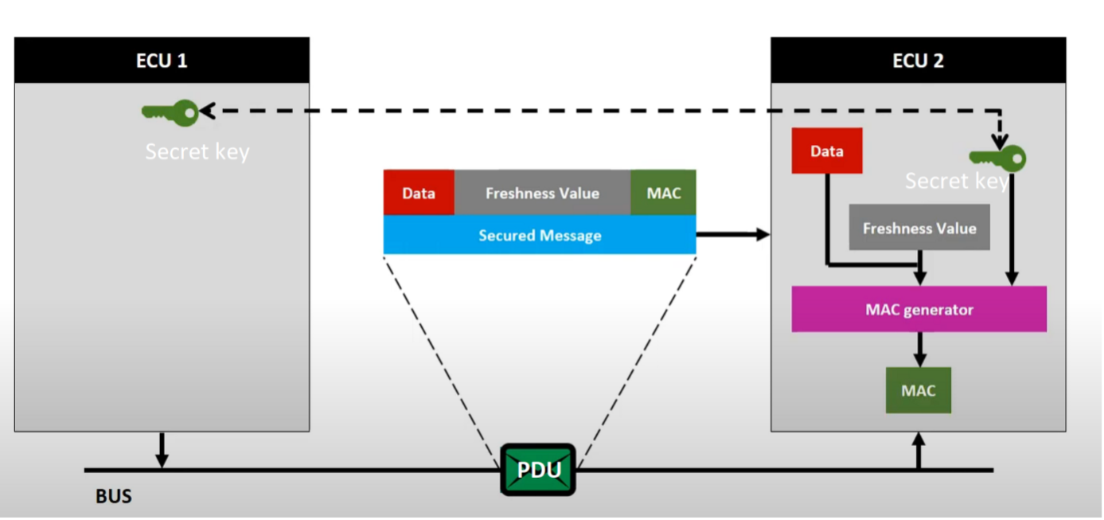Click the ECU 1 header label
coord(162,61)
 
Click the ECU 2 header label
coord(918,61)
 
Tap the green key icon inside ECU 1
coord(170,113)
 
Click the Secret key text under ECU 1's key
coord(197,151)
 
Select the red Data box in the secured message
coord(419,193)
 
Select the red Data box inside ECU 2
coord(826,151)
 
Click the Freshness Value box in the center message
coord(542,193)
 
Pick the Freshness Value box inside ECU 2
coord(919,228)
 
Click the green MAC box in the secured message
coord(663,193)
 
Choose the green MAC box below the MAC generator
coord(918,390)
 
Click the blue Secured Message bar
coord(540,236)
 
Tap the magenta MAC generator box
coord(919,310)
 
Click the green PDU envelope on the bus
coord(538,470)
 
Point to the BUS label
coord(114,497)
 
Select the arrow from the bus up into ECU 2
coord(919,451)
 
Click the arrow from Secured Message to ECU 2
coord(732,234)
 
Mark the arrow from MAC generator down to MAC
coord(919,349)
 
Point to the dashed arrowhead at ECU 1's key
coord(207,111)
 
